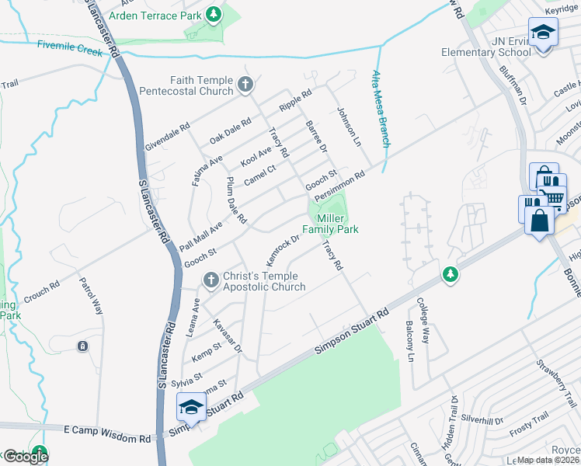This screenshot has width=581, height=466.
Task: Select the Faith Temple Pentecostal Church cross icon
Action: [x=245, y=85]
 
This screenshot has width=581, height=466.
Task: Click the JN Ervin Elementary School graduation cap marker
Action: [x=543, y=33]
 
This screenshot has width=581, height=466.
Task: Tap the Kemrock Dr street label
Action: [x=283, y=249]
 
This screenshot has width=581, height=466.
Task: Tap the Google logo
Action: [x=26, y=457]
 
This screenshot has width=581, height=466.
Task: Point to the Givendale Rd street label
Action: [x=167, y=137]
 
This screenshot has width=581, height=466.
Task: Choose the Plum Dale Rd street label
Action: [x=235, y=200]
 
